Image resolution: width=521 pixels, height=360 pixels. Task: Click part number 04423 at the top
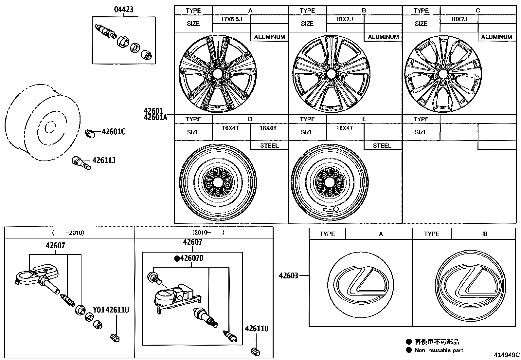coord(123,9)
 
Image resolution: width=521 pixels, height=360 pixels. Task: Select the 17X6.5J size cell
coord(231,19)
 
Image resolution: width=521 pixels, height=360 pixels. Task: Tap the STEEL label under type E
coord(382,146)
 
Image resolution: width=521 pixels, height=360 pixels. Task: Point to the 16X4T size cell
coord(231,128)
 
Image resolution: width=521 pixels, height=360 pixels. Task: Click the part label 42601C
coord(113,132)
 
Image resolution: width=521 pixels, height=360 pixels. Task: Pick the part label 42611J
coord(104,161)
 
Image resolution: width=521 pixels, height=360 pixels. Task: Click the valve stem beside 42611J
coord(81,162)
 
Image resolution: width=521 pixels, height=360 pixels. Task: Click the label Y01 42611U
coord(111,310)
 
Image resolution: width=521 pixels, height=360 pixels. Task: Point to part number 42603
coord(289,276)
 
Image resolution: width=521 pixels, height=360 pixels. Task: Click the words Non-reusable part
coord(439,350)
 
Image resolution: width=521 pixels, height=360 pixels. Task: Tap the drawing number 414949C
coord(507,355)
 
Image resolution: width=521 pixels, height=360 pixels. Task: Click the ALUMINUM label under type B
coord(383,37)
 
